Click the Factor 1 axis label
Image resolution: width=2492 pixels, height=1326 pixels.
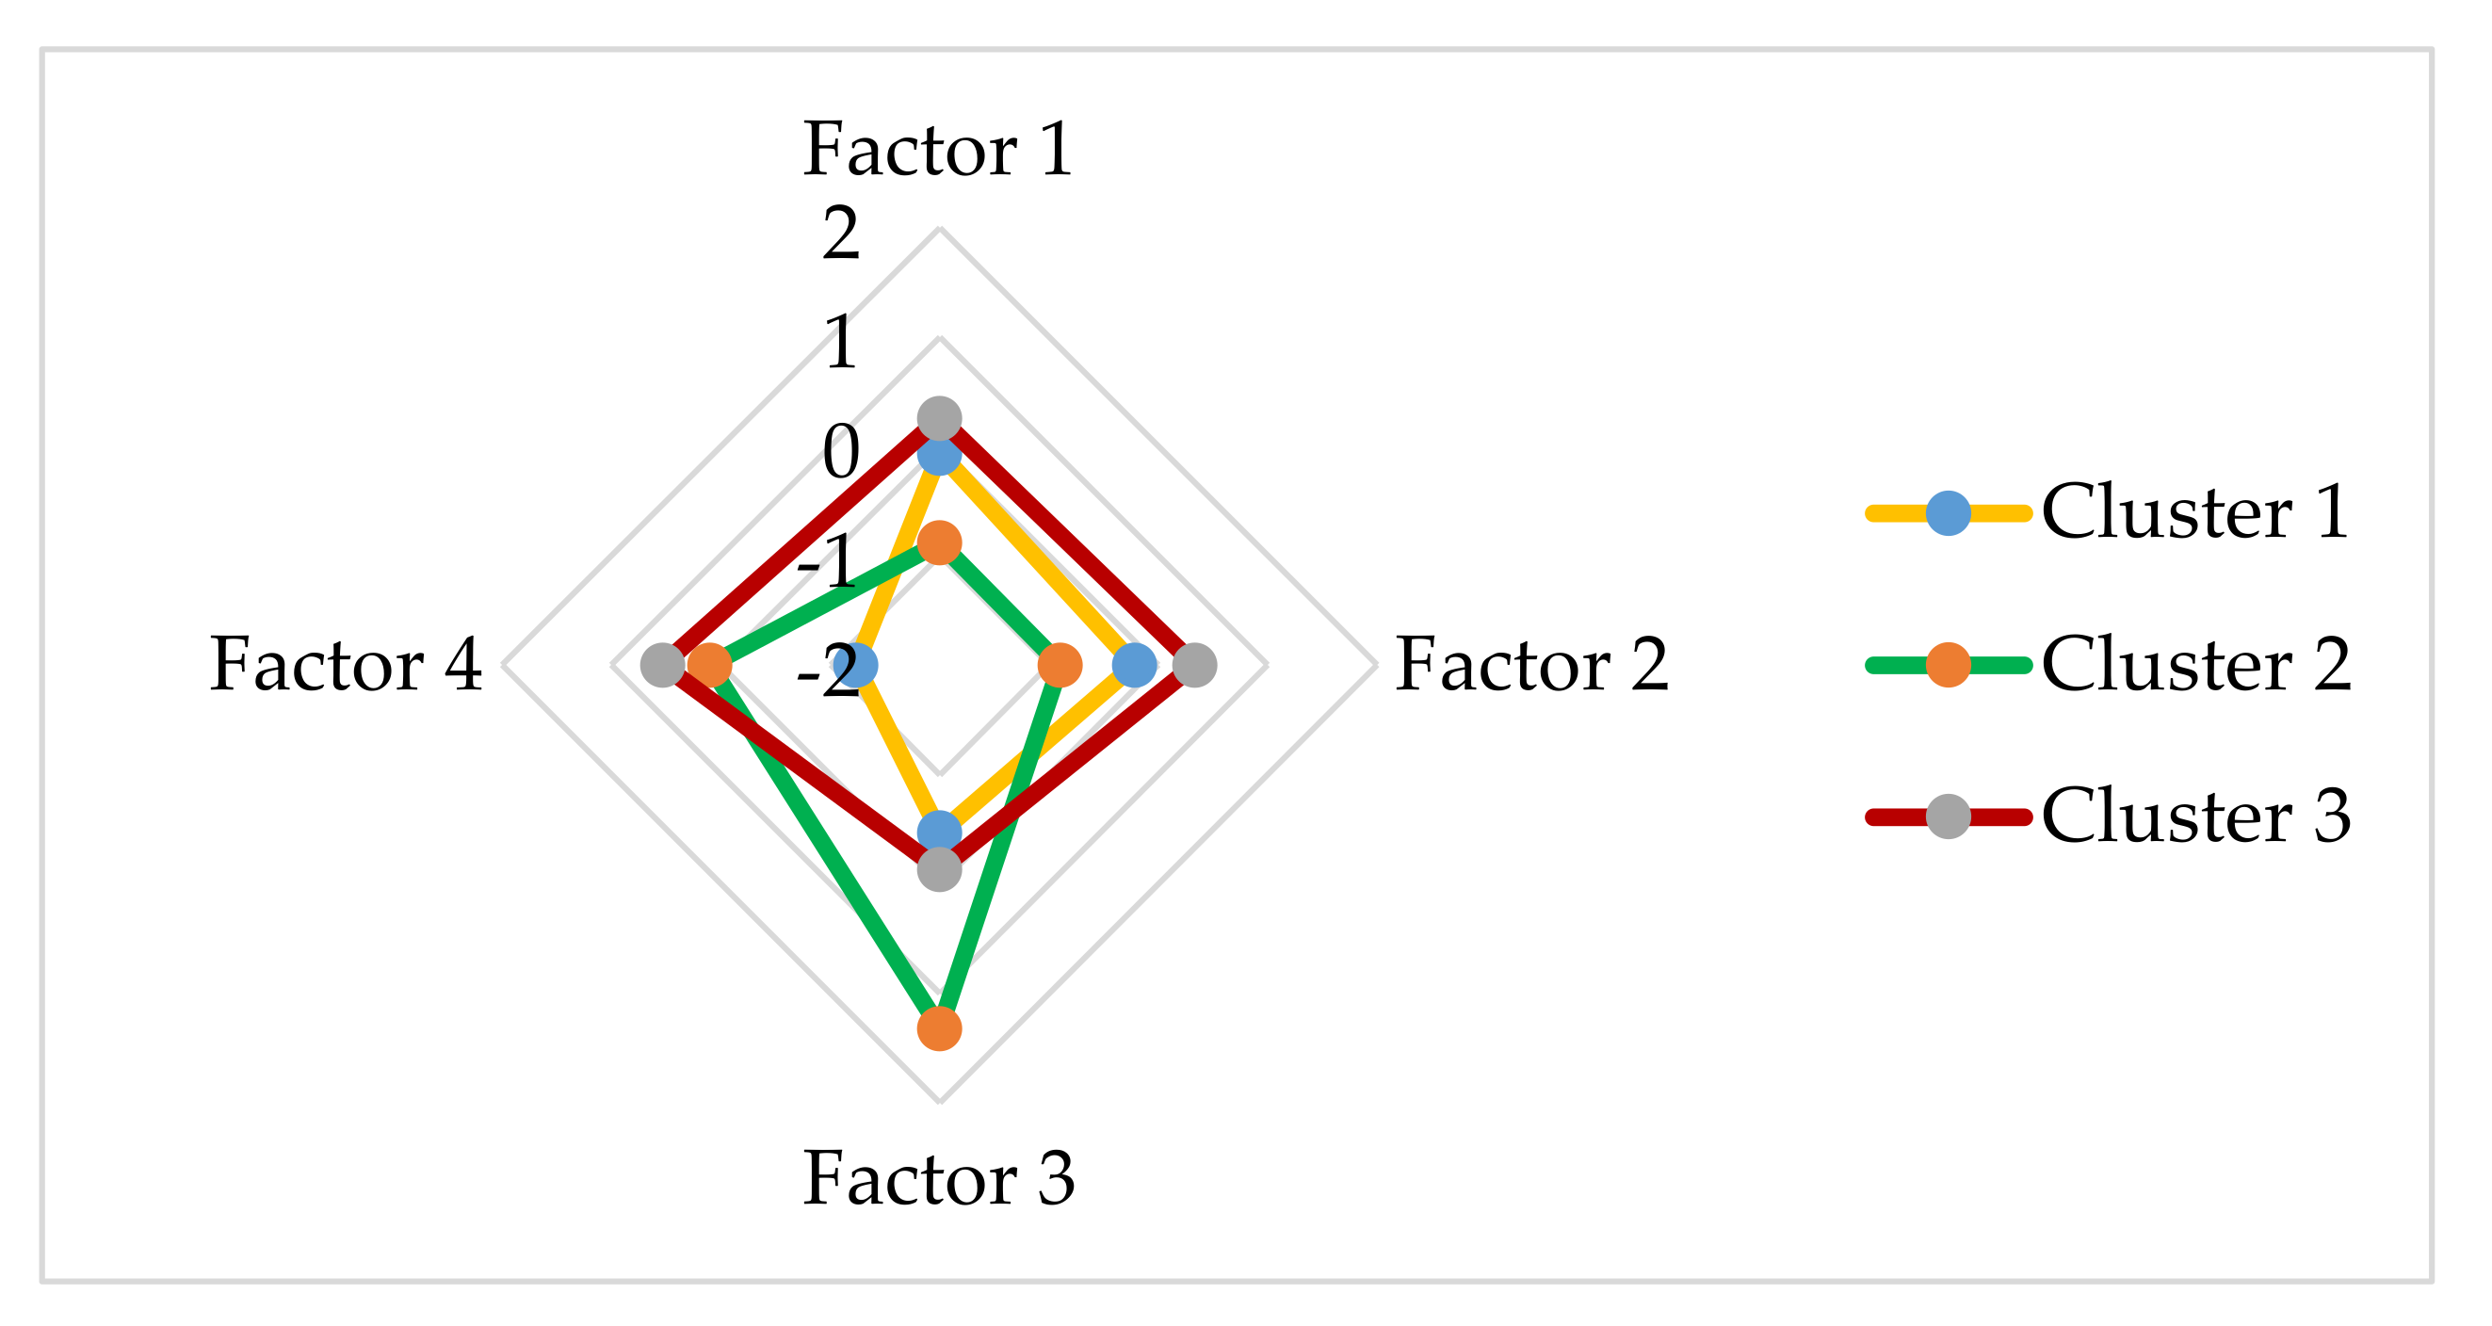click(x=937, y=150)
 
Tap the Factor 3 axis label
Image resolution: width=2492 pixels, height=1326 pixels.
click(x=937, y=1179)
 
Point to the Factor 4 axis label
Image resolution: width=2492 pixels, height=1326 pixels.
click(x=346, y=666)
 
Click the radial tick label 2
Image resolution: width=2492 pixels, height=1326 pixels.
click(x=841, y=234)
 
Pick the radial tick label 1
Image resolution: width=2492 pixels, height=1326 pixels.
click(x=841, y=344)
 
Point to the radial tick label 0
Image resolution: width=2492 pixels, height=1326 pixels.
click(x=841, y=453)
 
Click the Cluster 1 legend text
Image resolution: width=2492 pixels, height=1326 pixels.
click(x=2195, y=511)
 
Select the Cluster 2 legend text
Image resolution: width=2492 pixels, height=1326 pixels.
click(x=2195, y=665)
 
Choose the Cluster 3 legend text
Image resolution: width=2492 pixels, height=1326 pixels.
click(x=2195, y=817)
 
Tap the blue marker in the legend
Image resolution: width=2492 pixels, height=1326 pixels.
click(x=1949, y=512)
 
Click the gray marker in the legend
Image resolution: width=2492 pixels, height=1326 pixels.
click(x=1949, y=817)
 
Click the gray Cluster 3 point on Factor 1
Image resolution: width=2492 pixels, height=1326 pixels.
click(x=939, y=419)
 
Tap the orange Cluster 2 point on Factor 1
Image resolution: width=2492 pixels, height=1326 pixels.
click(x=939, y=542)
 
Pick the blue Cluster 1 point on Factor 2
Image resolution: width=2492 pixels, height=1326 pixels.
click(x=1134, y=666)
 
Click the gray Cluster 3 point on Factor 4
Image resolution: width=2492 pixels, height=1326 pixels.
click(x=663, y=666)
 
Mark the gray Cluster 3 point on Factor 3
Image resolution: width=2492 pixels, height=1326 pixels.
click(x=939, y=869)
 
